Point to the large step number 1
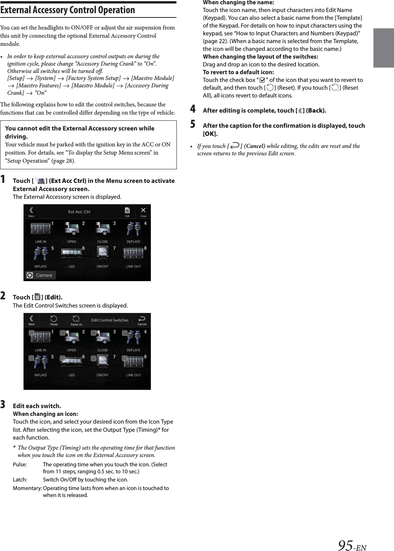(3, 179)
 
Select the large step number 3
(3, 405)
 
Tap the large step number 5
(193, 124)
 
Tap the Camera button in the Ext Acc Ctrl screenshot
(40, 275)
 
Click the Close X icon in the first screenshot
(143, 210)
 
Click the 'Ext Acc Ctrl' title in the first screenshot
(79, 212)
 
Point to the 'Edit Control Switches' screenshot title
(110, 320)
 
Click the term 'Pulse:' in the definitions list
(20, 464)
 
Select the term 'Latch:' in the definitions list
(20, 480)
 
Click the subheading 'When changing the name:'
(238, 3)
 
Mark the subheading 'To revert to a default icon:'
(238, 72)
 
